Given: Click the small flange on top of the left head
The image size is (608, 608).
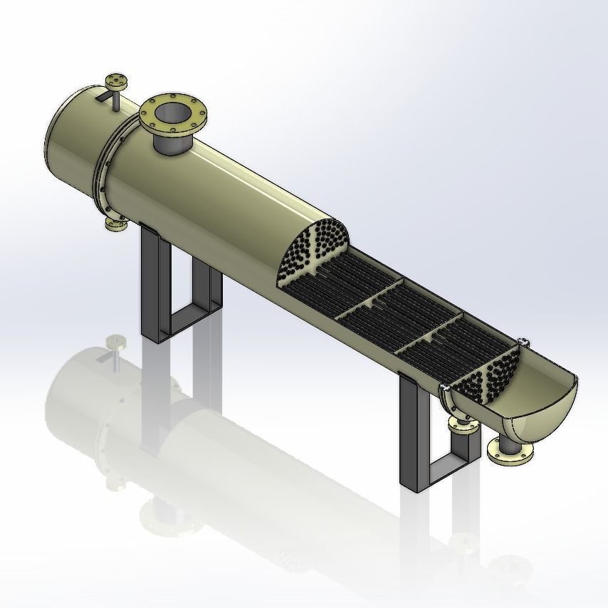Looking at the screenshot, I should tap(114, 79).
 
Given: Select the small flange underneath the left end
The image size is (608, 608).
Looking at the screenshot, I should tap(115, 225).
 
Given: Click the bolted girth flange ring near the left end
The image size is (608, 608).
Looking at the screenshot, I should tap(103, 167).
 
